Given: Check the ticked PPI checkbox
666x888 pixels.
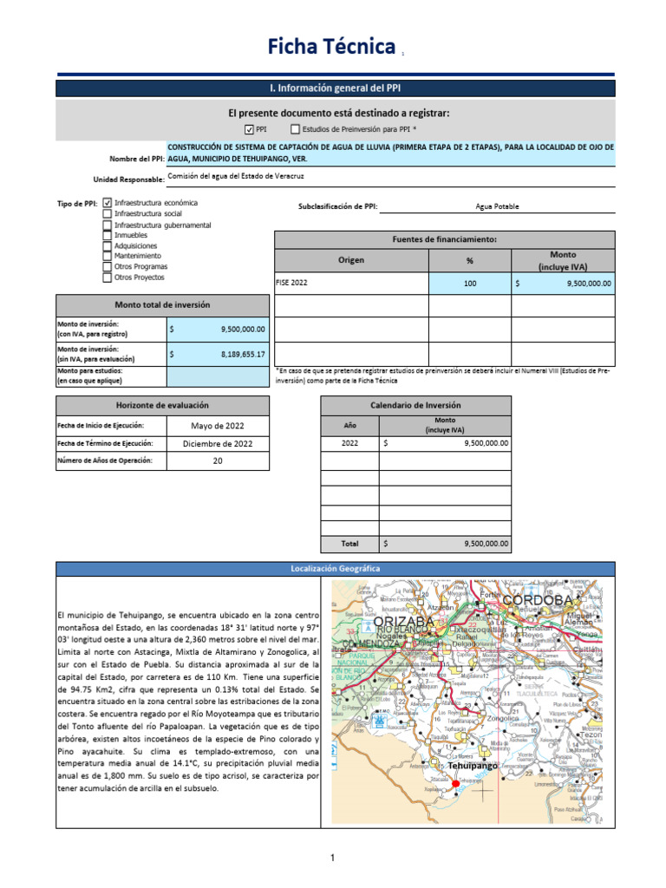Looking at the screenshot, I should pos(249,129).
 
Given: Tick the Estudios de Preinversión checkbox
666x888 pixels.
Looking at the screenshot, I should pos(295,129).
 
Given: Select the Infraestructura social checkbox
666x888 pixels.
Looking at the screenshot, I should pos(108,213).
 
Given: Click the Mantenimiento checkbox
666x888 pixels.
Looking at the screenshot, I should pos(108,256).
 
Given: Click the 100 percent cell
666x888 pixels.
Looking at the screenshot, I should pos(470,283).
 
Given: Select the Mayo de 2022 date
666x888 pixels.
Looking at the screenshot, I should pos(218,426).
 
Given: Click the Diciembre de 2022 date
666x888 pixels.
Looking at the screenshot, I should pos(218,443).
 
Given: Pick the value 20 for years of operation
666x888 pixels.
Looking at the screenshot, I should pos(218,461).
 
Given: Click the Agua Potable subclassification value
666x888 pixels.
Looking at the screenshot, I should pos(497,206).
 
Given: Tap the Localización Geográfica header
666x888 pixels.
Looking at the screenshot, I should pos(335,569).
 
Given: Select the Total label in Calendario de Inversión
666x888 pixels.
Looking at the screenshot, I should pos(349,544).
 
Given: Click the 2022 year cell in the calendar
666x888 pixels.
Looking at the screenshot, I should pos(349,443).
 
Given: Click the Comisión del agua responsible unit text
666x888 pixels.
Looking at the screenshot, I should pos(237,175).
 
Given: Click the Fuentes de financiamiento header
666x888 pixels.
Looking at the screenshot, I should pos(444,239).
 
